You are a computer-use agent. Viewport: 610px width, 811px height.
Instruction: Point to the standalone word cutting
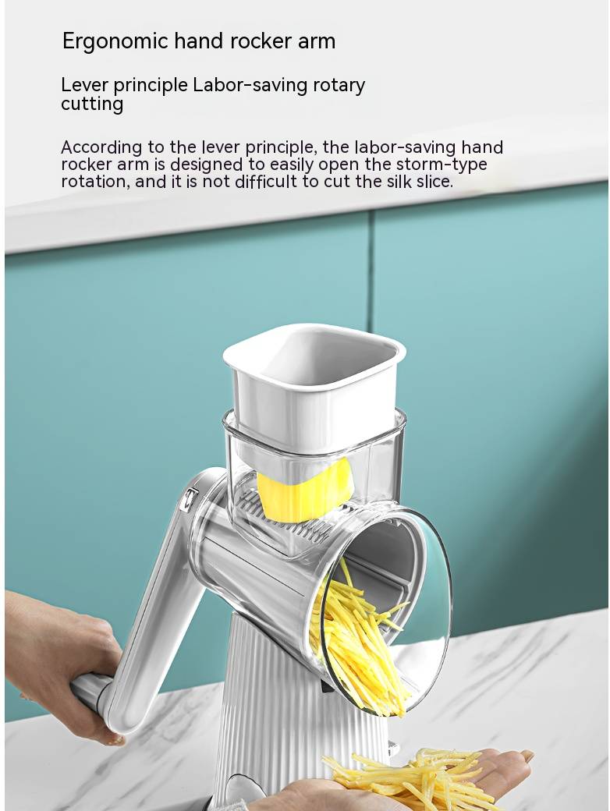(92, 104)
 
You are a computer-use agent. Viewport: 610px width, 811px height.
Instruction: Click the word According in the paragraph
(102, 148)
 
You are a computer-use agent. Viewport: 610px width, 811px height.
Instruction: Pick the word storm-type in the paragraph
(442, 165)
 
